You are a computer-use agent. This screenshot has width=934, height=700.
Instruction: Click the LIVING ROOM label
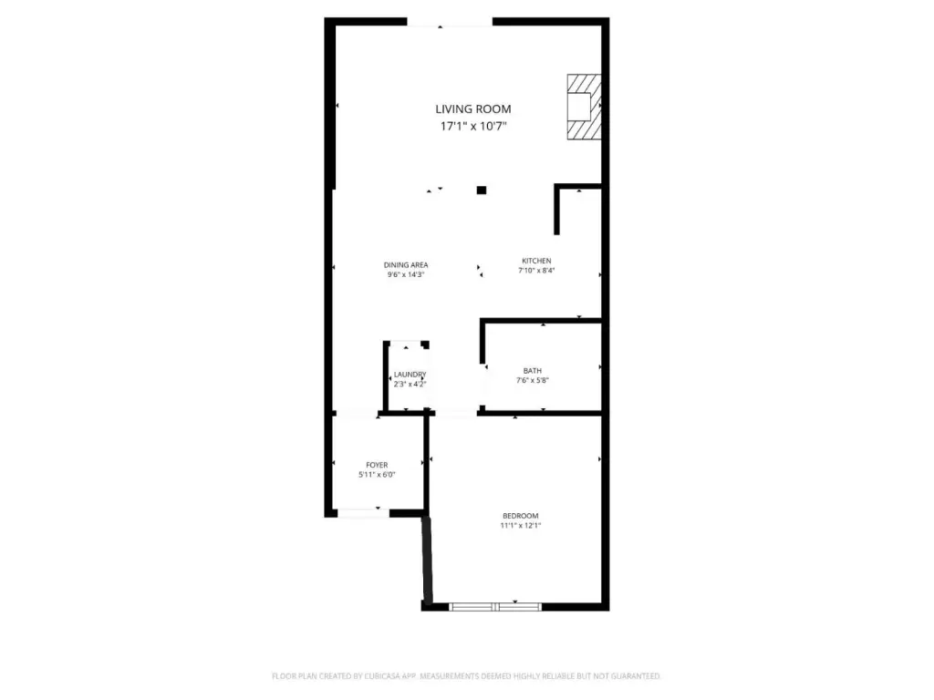(473, 109)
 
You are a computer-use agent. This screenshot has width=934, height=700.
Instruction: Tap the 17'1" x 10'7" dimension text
(473, 126)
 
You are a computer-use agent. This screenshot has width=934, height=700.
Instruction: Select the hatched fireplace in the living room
(584, 108)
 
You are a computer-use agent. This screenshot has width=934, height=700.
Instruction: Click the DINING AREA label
(406, 265)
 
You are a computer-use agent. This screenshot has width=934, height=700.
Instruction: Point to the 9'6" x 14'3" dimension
(406, 274)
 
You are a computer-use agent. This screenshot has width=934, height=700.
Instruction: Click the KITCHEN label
(536, 261)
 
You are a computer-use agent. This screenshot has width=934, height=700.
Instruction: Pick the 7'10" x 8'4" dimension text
(536, 270)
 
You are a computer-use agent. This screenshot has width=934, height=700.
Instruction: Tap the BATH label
(533, 371)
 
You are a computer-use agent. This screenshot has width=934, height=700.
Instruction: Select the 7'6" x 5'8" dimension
(533, 380)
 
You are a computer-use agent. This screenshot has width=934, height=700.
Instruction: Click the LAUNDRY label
(410, 375)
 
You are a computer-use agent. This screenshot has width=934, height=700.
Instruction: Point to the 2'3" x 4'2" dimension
(410, 384)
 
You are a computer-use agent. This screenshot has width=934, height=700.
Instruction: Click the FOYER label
(377, 465)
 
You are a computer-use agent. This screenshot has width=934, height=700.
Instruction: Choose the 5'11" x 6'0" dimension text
(377, 474)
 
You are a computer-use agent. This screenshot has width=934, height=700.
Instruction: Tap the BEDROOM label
(521, 516)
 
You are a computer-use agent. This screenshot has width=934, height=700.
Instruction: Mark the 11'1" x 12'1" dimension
(521, 526)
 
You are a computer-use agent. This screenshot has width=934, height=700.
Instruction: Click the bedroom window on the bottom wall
(495, 606)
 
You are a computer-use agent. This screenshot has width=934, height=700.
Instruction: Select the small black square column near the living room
(482, 190)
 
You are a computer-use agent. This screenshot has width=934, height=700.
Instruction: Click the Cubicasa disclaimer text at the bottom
(466, 676)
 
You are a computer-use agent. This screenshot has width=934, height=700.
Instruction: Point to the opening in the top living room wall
(450, 22)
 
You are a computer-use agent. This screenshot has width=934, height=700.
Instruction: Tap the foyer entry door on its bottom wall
(363, 513)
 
